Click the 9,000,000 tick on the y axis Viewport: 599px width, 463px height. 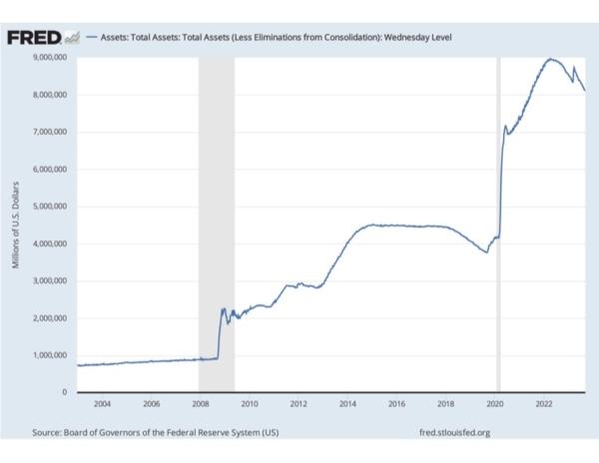point(46,57)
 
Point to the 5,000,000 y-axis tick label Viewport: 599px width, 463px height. point(46,207)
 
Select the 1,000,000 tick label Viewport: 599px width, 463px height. point(46,355)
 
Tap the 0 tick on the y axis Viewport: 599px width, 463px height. point(63,392)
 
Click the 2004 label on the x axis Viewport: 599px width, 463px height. point(102,405)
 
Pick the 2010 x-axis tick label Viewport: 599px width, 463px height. point(250,405)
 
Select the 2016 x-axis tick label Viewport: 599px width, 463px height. point(396,405)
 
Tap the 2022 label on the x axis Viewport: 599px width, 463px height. point(544,405)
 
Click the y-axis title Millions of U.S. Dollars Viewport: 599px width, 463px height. point(16,225)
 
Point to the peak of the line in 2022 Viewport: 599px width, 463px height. point(550,59)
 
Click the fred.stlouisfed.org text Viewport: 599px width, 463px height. point(456,432)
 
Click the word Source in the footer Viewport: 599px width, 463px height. point(47,432)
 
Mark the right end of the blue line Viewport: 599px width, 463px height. point(585,91)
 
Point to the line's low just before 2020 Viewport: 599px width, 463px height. point(486,251)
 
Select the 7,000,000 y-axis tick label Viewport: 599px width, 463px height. point(46,132)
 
